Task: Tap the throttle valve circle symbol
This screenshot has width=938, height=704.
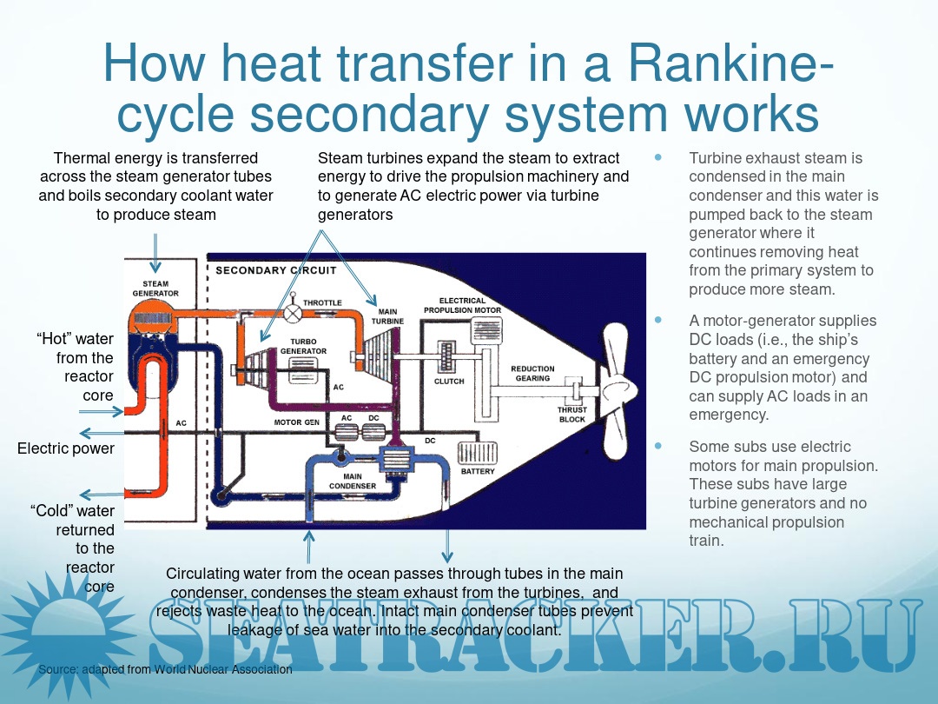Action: [294, 310]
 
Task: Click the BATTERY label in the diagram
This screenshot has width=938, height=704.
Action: [478, 472]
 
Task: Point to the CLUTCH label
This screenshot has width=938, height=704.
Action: [449, 382]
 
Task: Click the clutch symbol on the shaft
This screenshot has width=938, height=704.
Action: [448, 358]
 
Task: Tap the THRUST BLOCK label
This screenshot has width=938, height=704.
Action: [572, 415]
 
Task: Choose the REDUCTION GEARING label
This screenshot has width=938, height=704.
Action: [532, 374]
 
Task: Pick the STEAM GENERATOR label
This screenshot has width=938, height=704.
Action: [155, 289]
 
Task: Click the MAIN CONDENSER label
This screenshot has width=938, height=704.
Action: [353, 481]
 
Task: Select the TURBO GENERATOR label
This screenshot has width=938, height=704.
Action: [303, 346]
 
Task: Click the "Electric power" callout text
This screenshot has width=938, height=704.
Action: [66, 448]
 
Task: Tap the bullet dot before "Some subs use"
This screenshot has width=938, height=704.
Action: [657, 445]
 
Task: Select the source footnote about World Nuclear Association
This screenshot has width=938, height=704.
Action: [165, 670]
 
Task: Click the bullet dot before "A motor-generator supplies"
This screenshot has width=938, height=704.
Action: [657, 319]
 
